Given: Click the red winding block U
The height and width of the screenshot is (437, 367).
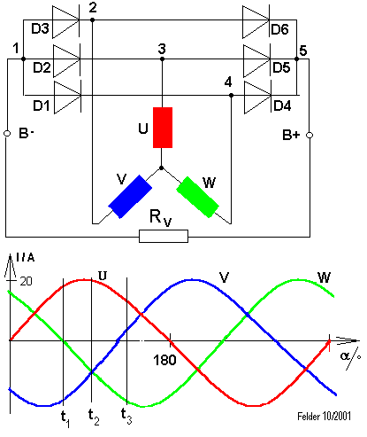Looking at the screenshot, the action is pos(163,128).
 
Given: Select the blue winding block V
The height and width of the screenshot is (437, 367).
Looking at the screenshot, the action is pos(130,197).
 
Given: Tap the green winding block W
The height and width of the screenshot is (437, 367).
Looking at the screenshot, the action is pos(198,197).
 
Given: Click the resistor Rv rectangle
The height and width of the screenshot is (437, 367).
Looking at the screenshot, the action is pos(164,237).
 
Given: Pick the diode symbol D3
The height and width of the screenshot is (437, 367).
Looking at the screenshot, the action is pos(65,22).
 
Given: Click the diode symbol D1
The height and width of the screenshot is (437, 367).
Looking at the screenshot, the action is pos(67,98).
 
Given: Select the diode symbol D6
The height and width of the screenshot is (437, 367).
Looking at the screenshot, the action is pos(256,22).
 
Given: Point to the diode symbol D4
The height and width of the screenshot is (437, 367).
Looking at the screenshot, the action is pos(258,98).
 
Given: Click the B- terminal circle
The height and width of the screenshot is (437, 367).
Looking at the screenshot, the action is pos(7,134).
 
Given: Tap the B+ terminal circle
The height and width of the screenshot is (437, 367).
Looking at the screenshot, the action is pos(310,135).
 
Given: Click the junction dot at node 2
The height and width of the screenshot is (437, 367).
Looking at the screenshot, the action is pos(92,20).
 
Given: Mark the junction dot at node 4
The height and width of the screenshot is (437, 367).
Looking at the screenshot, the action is pos(231,96).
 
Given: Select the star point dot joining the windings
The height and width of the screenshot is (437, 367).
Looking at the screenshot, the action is pos(161,168).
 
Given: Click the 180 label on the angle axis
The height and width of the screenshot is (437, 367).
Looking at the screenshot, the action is pos(164,360).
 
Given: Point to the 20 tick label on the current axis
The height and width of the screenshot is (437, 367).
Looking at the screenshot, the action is pos(26,281).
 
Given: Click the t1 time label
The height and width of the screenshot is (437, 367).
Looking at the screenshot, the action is pos(65,418).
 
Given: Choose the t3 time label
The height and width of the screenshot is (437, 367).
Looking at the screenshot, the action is pos(126,416).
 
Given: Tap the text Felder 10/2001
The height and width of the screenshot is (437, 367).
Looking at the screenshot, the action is pos(325,417).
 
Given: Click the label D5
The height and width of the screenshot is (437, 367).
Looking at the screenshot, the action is pos(281,67).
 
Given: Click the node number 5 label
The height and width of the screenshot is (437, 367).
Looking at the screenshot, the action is pos(303,51).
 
